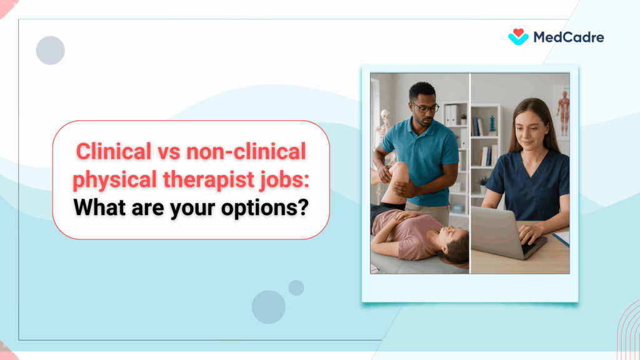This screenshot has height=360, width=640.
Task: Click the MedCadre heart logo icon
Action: click(x=518, y=37)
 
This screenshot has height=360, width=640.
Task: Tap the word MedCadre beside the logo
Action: click(x=568, y=37)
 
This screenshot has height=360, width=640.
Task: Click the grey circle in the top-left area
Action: click(x=51, y=51)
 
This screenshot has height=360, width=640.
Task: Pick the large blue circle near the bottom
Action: click(x=269, y=307)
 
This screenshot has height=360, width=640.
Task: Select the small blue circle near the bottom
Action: click(x=296, y=287)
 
